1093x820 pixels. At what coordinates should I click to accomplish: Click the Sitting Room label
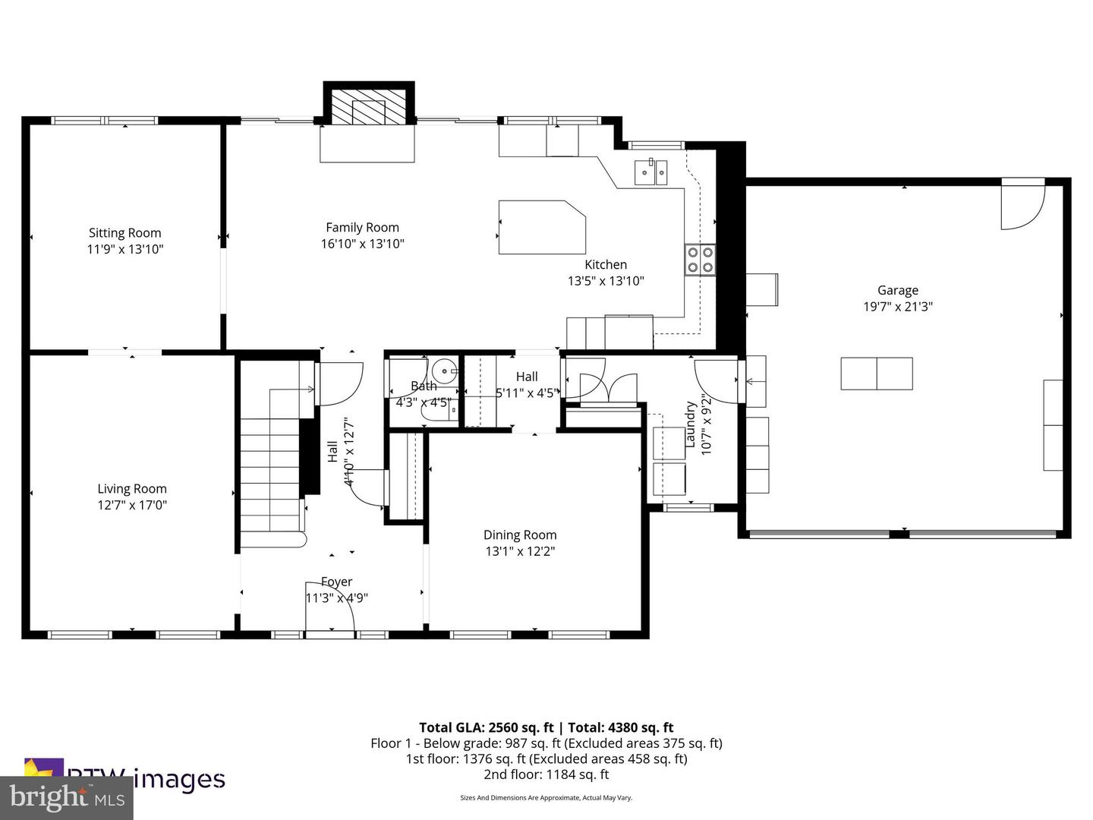coord(124,233)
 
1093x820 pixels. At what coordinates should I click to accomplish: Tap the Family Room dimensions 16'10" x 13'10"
coord(362,244)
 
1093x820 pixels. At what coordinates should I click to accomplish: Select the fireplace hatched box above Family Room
coord(370,107)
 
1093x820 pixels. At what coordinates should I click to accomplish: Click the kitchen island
coord(540,227)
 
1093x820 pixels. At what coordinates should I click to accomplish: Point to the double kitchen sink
coord(650,172)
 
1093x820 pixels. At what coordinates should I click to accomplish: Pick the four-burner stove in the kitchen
coord(700,260)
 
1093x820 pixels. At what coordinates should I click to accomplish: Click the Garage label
coord(897,290)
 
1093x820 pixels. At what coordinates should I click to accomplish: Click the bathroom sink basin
coord(443,373)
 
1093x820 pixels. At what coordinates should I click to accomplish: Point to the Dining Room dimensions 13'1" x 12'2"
coord(520,551)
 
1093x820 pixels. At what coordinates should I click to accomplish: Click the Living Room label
coord(132,489)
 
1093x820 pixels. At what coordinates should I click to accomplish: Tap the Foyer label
coord(336,582)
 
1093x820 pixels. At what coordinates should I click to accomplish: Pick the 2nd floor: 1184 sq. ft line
coord(546,774)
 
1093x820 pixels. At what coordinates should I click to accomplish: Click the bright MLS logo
coord(67,797)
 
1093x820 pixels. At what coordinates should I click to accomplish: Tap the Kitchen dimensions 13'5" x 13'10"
coord(606,281)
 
